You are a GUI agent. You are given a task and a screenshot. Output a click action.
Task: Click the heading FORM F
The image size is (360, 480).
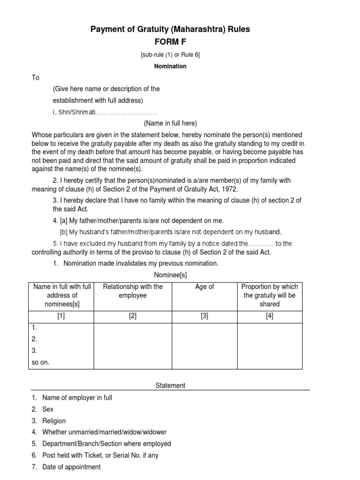click(x=170, y=42)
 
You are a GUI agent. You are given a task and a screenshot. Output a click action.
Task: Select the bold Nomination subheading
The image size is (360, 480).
click(x=170, y=67)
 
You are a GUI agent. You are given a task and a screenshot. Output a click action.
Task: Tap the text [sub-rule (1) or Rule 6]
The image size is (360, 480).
click(x=170, y=55)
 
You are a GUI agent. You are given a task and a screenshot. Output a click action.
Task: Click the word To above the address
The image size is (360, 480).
click(x=36, y=78)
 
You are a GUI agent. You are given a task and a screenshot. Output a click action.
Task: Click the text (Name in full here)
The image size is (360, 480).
click(x=170, y=124)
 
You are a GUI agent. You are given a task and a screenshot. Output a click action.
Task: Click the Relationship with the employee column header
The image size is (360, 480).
click(x=133, y=291)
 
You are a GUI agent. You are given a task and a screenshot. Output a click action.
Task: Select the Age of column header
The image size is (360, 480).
click(x=204, y=287)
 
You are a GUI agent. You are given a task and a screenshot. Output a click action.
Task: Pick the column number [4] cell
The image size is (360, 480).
click(x=270, y=316)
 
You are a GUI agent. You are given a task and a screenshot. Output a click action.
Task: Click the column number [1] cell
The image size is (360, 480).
click(x=61, y=316)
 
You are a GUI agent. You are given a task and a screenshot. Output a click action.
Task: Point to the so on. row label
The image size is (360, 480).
click(x=40, y=362)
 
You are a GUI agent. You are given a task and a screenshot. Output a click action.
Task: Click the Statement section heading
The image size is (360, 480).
click(x=170, y=385)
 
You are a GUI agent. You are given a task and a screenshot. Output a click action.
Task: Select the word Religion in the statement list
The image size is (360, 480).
click(x=54, y=421)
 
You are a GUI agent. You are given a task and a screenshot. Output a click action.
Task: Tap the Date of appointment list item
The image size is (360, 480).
click(x=71, y=467)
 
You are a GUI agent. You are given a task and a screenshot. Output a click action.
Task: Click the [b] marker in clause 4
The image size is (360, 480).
click(x=64, y=232)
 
